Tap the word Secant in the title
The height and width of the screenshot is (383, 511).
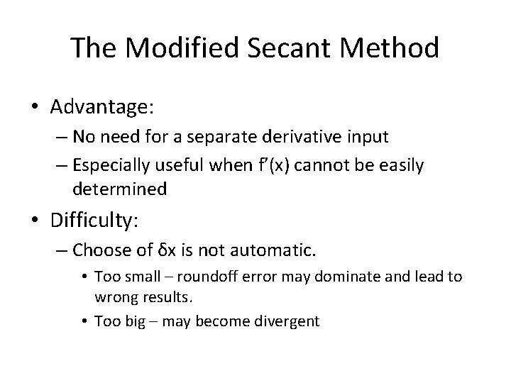click(x=283, y=48)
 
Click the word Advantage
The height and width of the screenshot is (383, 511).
click(x=102, y=108)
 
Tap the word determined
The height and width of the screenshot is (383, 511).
click(x=119, y=189)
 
